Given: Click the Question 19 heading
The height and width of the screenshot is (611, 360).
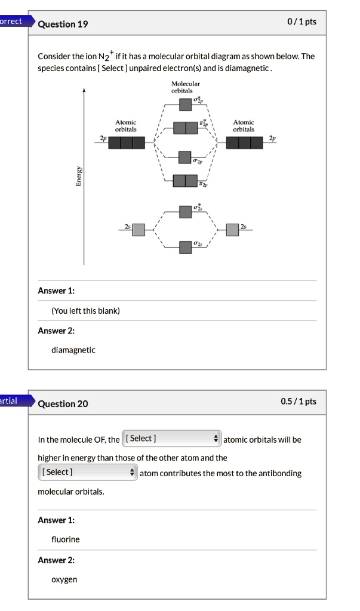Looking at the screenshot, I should [x=63, y=24].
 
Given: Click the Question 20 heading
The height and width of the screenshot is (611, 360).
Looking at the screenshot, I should [x=63, y=403].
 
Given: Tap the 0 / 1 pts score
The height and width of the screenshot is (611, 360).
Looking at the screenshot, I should [x=301, y=22].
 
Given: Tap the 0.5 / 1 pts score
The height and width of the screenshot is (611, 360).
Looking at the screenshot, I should [x=299, y=401].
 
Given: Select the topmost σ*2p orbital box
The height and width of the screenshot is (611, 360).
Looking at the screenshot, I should [x=186, y=104].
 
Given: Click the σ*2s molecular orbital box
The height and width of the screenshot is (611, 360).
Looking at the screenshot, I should [x=186, y=211].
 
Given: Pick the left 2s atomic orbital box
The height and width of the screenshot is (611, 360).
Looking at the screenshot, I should [x=139, y=229].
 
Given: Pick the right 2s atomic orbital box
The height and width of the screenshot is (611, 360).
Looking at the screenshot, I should [x=233, y=229].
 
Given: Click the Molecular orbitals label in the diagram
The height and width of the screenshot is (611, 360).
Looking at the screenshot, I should [x=186, y=87].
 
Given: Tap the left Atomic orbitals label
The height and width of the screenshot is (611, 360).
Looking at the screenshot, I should [x=125, y=125].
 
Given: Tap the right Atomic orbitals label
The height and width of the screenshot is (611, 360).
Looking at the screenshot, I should [x=244, y=125].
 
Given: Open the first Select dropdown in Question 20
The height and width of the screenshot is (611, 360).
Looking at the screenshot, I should [x=171, y=439].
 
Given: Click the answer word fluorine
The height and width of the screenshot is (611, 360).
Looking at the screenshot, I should [x=65, y=539].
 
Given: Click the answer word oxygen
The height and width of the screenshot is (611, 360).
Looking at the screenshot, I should [x=64, y=579].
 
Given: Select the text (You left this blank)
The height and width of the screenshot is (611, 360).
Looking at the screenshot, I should [x=85, y=311].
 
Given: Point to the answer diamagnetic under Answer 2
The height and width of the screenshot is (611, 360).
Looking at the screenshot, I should [x=73, y=350].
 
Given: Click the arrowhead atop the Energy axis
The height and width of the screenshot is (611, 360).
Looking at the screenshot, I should [x=84, y=91].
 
